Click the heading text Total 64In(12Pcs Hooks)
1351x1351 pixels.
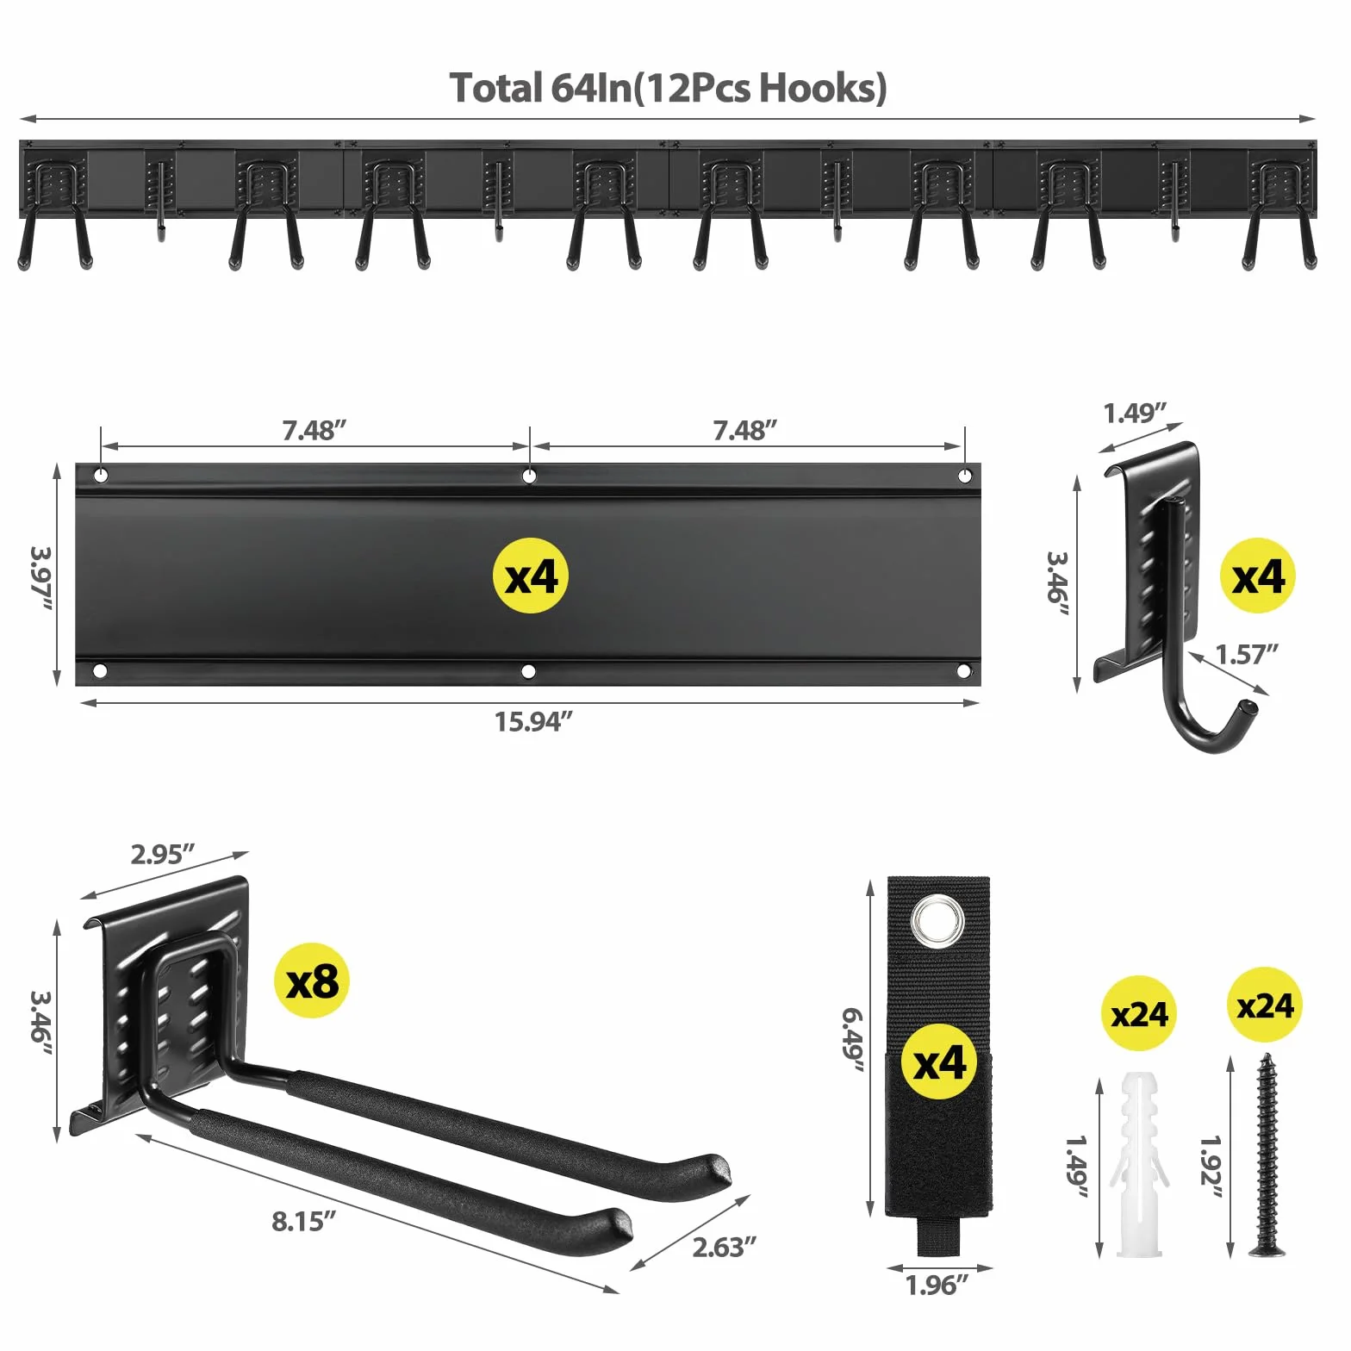(669, 88)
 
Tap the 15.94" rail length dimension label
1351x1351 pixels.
(533, 721)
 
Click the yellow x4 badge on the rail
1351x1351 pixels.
(531, 576)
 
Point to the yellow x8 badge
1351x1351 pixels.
(312, 981)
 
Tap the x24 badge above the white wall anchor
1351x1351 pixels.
(1139, 1013)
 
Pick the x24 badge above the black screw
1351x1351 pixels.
(1265, 1005)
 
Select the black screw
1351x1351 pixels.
(1265, 1155)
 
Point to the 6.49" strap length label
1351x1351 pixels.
(853, 1040)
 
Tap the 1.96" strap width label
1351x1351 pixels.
(937, 1285)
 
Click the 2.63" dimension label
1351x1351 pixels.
(725, 1247)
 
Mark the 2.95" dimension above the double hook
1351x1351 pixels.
(163, 854)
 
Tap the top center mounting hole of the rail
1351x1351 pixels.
(529, 476)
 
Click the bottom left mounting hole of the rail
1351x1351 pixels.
(100, 670)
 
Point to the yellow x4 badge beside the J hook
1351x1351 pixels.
(1258, 576)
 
